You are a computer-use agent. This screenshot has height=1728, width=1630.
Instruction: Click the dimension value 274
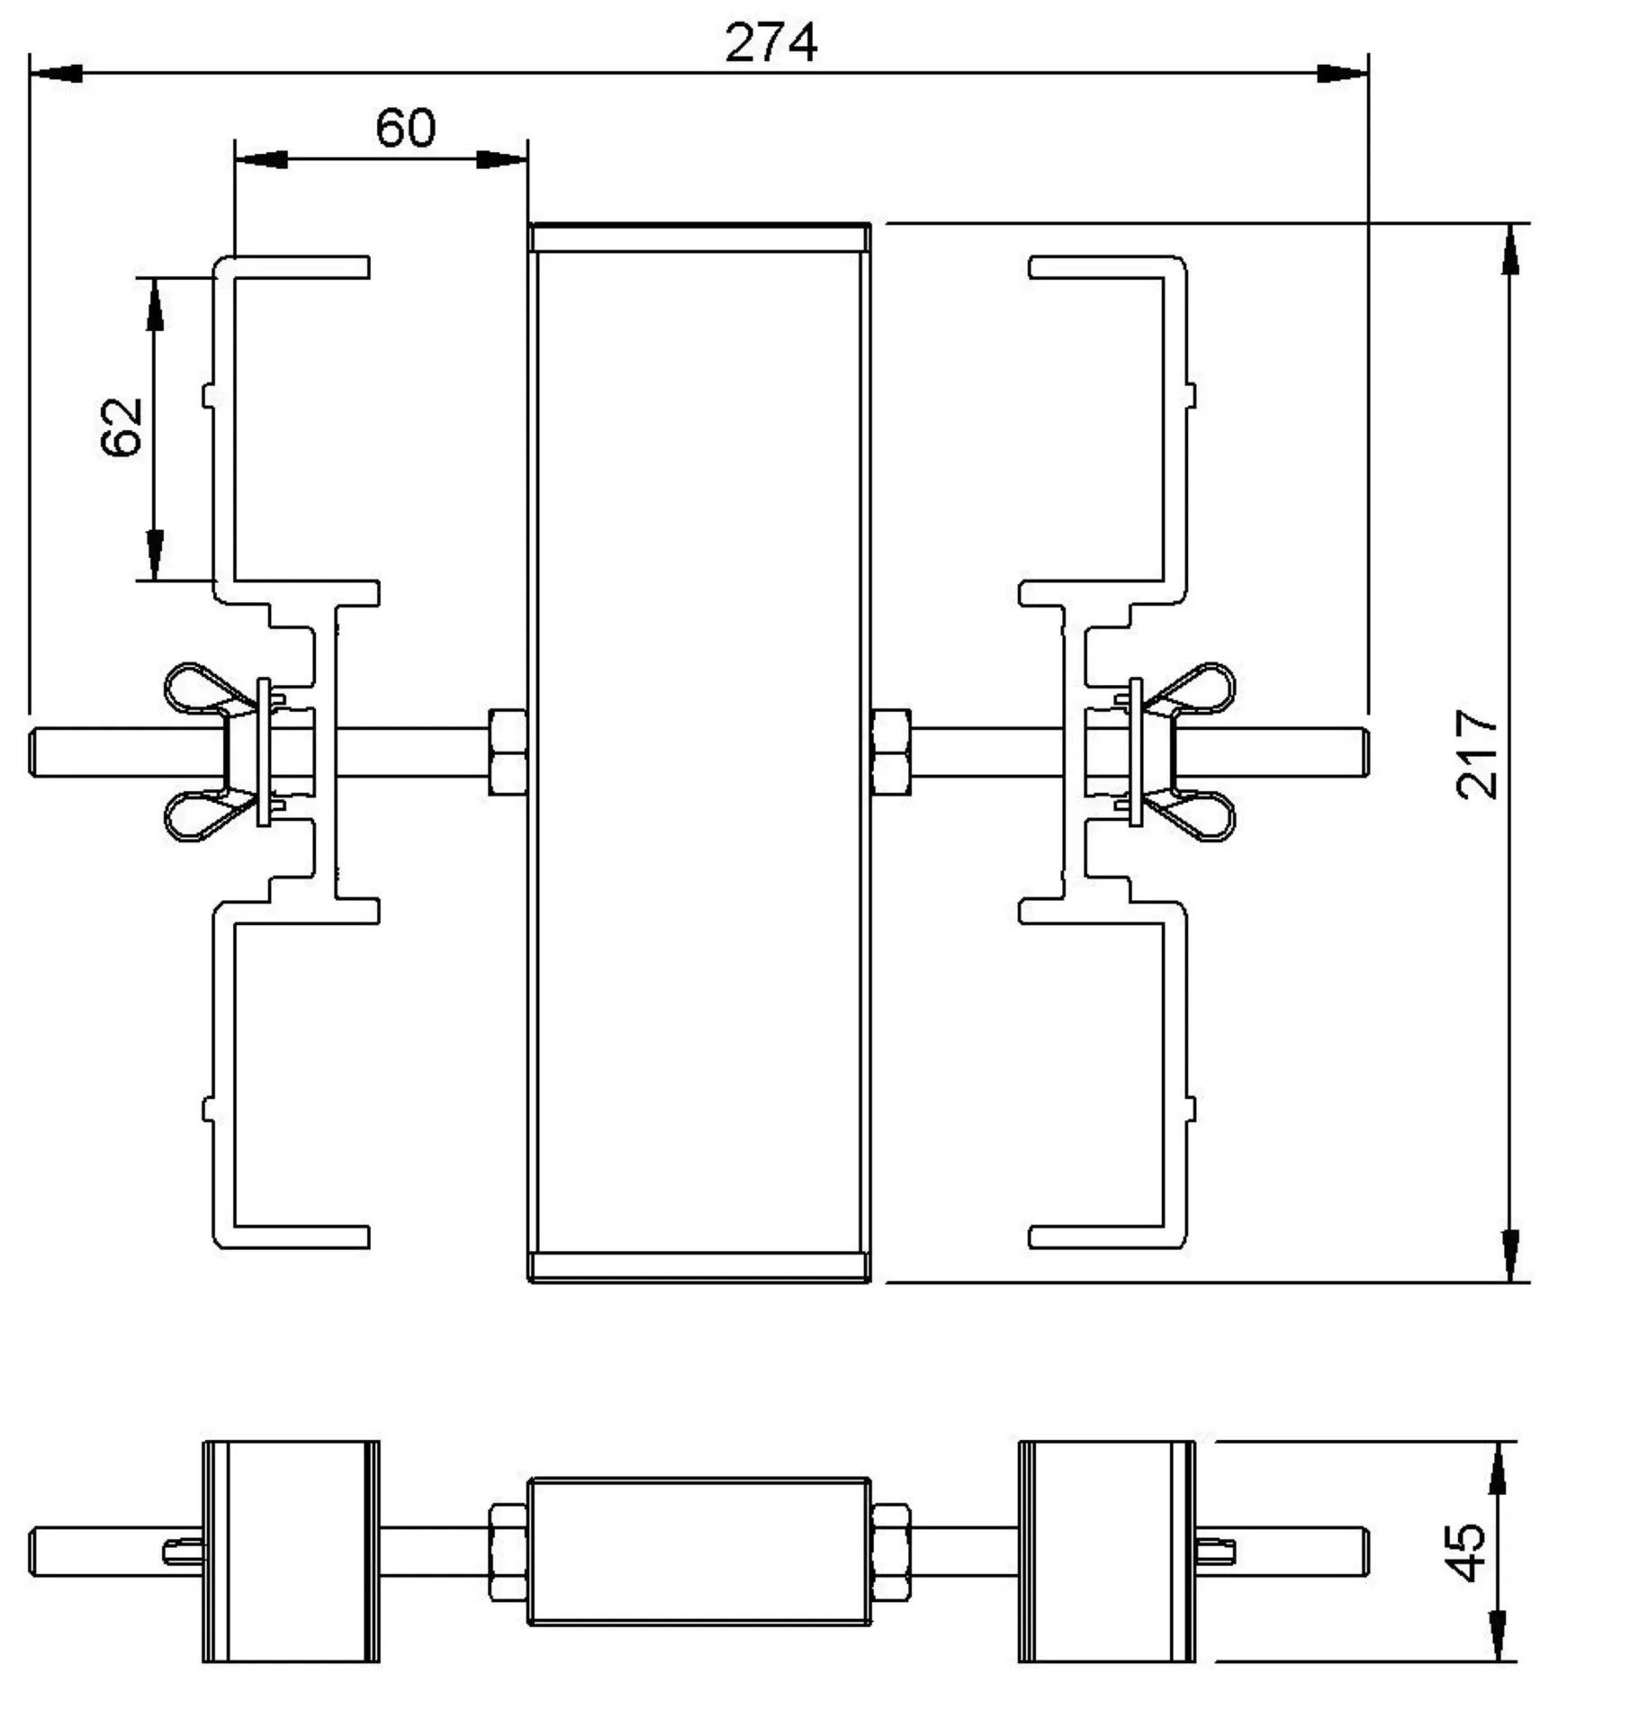[x=770, y=42]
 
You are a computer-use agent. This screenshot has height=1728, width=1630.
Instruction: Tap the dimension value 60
[x=405, y=128]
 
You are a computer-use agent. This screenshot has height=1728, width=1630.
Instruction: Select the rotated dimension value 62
[x=122, y=427]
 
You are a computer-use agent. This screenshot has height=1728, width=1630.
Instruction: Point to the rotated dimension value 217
[x=1476, y=754]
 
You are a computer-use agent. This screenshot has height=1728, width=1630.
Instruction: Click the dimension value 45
[x=1468, y=1552]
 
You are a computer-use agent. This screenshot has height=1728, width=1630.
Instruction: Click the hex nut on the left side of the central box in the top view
[x=508, y=752]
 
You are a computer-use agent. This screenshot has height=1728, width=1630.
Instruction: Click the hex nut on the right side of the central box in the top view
[x=891, y=752]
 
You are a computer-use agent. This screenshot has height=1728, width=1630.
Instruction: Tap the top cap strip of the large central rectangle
[x=698, y=238]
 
